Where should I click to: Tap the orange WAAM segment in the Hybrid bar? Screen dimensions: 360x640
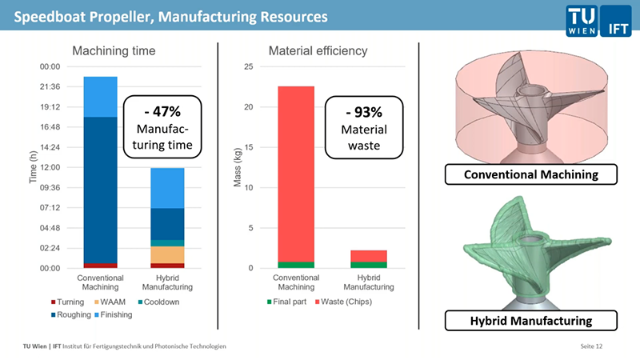167,254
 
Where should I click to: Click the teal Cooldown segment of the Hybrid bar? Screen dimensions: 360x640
167,242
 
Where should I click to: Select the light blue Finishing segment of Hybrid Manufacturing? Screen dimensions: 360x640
167,188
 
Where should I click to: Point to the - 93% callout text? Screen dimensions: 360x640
364,110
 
